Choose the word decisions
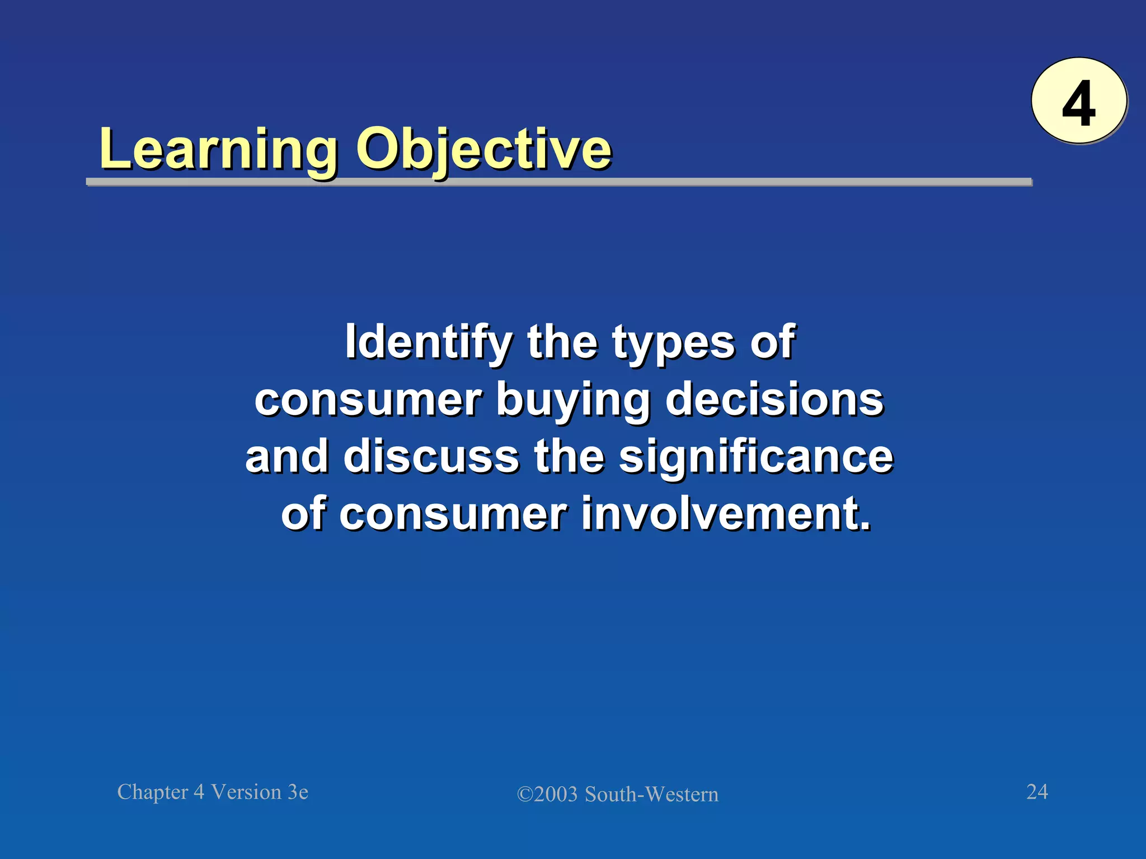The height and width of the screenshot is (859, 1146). (774, 400)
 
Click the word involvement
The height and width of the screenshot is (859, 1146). (726, 514)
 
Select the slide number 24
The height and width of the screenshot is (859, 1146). (1037, 791)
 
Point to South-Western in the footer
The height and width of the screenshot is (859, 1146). (651, 795)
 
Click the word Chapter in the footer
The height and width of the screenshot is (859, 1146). (153, 792)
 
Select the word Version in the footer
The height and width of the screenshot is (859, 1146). (246, 792)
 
